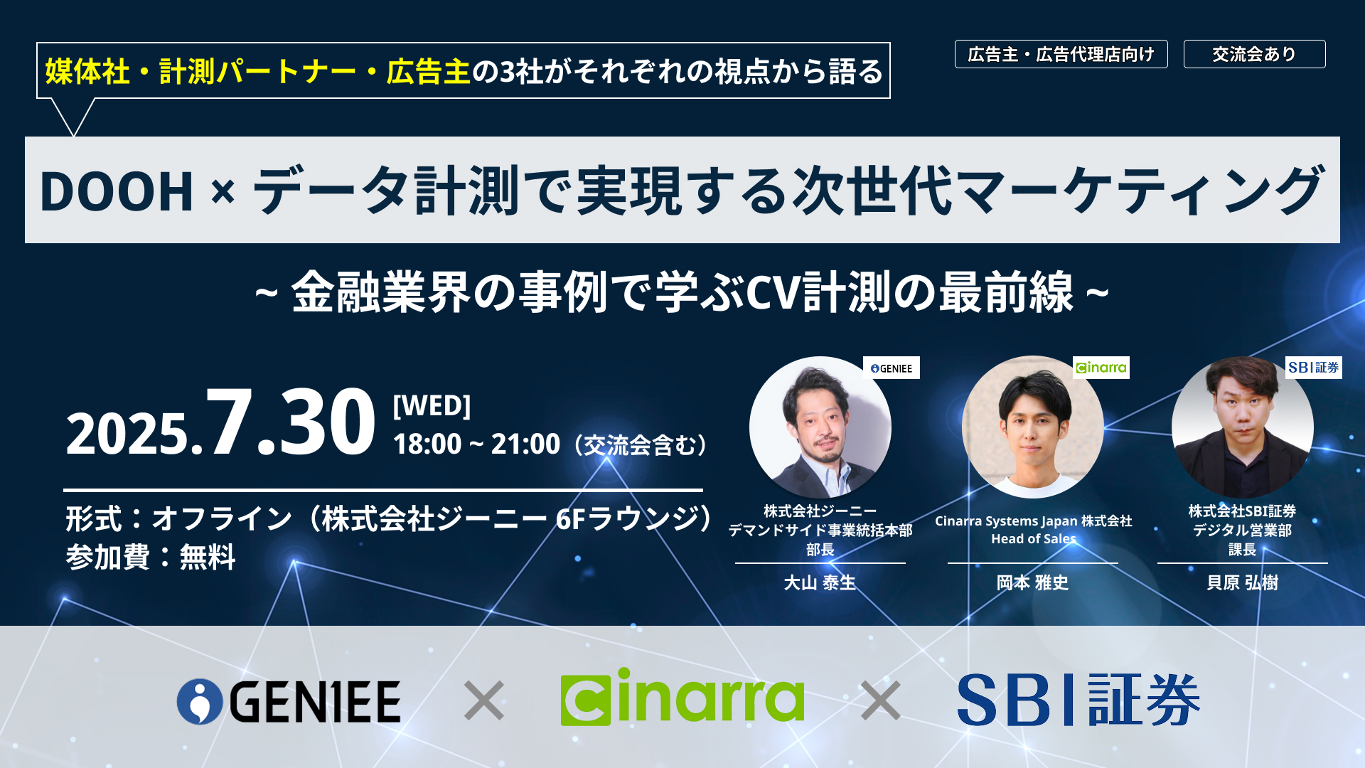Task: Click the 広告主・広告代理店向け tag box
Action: (1061, 54)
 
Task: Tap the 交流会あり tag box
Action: (1254, 54)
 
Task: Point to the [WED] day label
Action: (432, 405)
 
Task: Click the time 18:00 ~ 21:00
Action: (476, 444)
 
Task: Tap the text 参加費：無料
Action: (151, 557)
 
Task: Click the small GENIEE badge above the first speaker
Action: (892, 368)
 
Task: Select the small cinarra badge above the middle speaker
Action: (1101, 368)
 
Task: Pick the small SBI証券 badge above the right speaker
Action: (1313, 368)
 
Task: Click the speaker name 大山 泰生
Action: (820, 583)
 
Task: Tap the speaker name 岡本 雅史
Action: (1032, 583)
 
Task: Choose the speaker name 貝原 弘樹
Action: (1242, 583)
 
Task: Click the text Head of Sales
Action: (1033, 539)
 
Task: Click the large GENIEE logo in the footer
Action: (289, 701)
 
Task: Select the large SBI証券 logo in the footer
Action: (1078, 700)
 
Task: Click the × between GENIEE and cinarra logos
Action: (484, 700)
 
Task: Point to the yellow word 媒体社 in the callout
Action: (87, 72)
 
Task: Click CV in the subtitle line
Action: (773, 292)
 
